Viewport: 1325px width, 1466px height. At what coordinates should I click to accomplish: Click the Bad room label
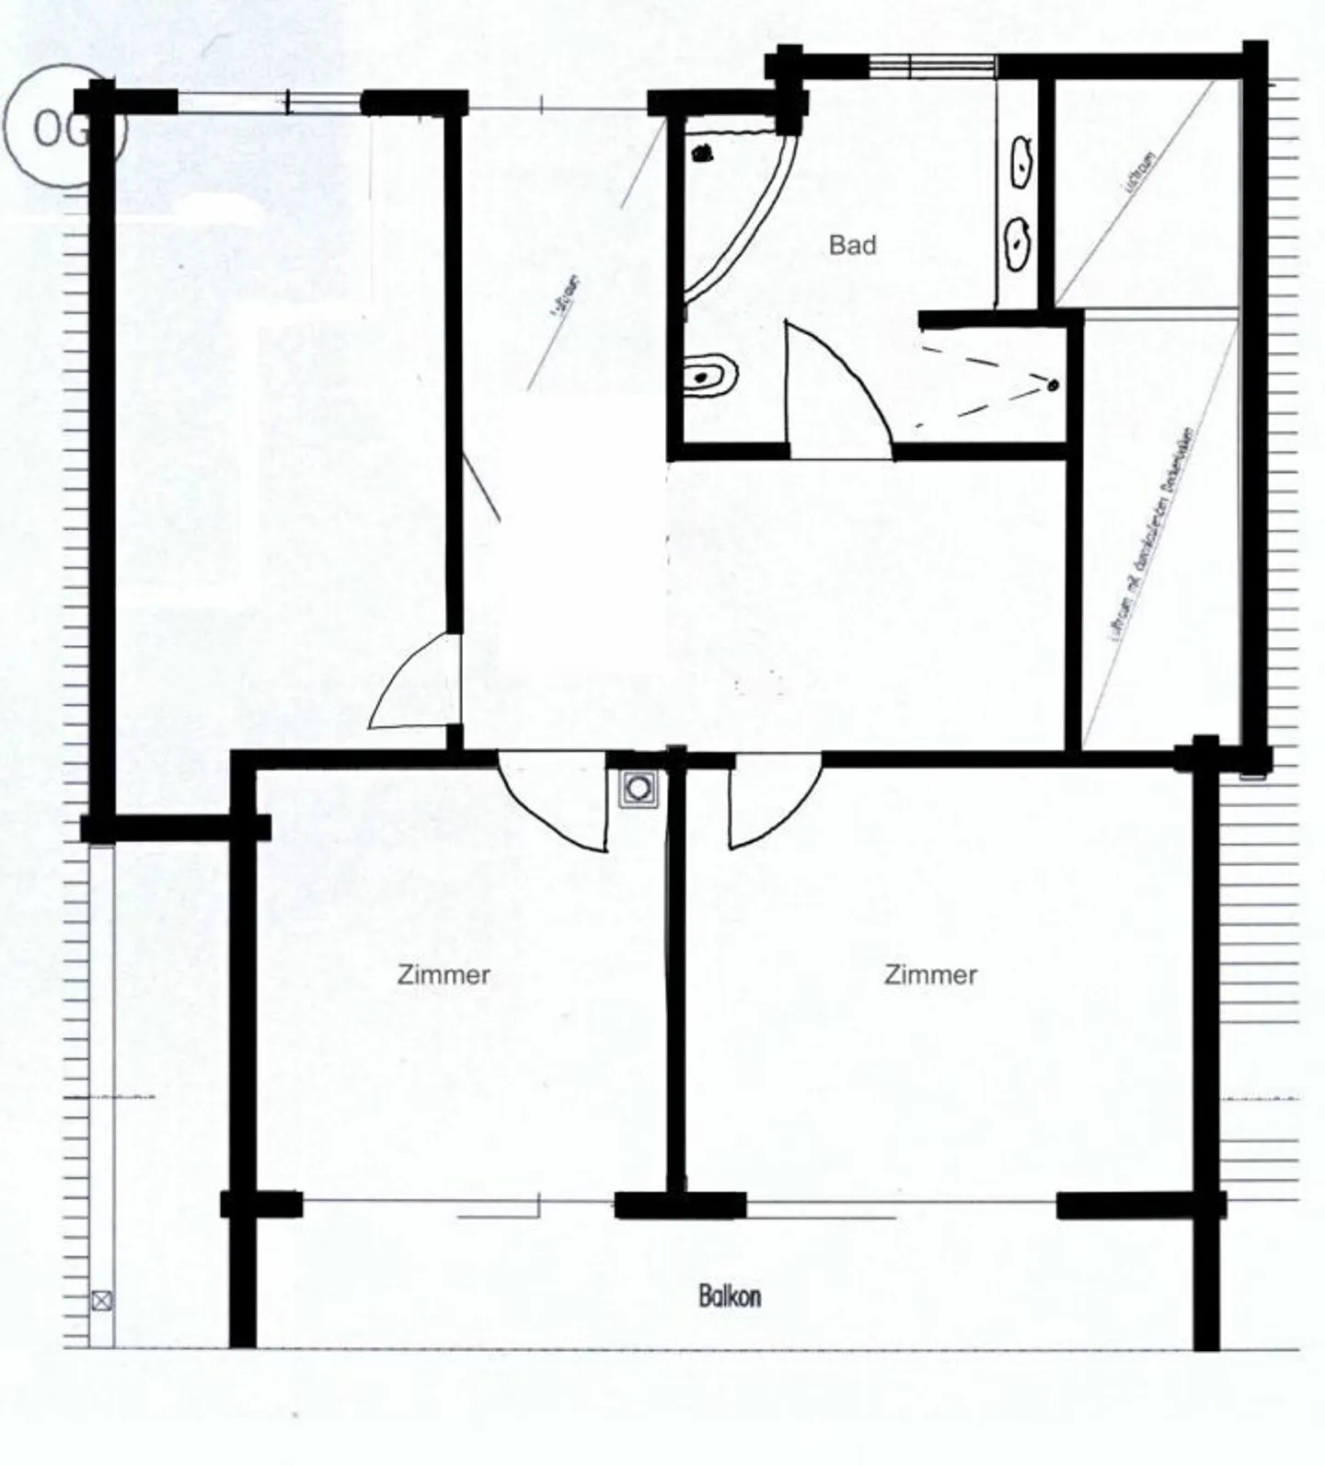click(852, 246)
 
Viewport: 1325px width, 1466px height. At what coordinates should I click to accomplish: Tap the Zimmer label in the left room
click(444, 975)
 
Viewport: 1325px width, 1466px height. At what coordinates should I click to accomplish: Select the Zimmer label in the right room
click(930, 975)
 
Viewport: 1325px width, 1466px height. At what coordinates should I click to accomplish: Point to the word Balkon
click(730, 1297)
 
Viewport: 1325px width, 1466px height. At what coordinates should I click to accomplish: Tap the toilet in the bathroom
click(711, 375)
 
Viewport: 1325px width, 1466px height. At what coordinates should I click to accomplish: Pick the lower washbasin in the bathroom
click(1018, 243)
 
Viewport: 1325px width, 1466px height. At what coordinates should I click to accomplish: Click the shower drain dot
click(1054, 385)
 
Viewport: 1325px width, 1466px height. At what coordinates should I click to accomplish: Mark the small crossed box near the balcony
click(102, 1301)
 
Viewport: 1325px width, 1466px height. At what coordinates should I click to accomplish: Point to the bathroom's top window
click(933, 65)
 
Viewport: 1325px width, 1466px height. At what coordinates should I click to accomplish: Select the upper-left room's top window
click(269, 101)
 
